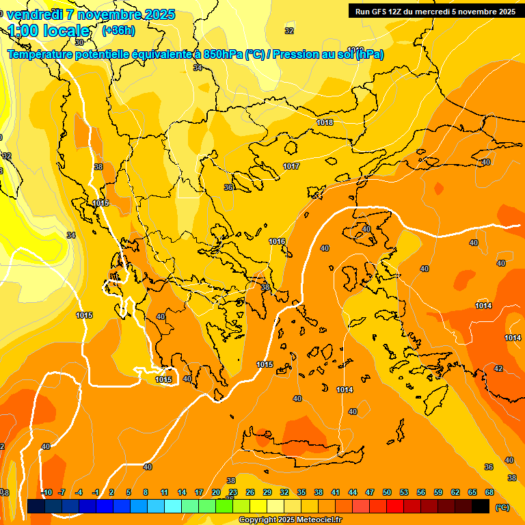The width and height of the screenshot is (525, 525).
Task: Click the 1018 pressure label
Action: point(325,122)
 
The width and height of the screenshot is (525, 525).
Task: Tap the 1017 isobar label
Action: point(291,166)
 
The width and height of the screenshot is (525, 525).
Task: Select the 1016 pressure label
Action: point(277,241)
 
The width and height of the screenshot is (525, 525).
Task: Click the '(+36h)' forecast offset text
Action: point(118,31)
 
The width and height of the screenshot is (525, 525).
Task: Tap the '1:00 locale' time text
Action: point(49,31)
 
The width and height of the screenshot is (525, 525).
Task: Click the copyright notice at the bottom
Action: point(290,520)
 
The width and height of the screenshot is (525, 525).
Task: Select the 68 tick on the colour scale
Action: point(489,492)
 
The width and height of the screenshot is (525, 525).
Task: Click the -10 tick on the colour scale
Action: point(46,492)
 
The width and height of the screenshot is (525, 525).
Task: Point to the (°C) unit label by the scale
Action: point(502,507)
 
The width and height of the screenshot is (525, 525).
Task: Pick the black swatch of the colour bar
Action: point(481,506)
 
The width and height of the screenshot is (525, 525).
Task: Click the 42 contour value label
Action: point(498,368)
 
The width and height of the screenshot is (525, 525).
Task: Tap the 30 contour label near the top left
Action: point(79,62)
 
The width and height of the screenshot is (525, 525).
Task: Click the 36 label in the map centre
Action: point(229,187)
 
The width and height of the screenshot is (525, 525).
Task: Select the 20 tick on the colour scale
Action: point(216,492)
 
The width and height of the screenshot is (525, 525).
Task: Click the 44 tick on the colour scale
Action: point(353,492)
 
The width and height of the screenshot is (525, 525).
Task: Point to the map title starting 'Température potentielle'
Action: point(196,55)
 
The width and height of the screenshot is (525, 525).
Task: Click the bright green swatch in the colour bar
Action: point(224,506)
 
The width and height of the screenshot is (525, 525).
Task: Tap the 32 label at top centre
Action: point(289,31)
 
